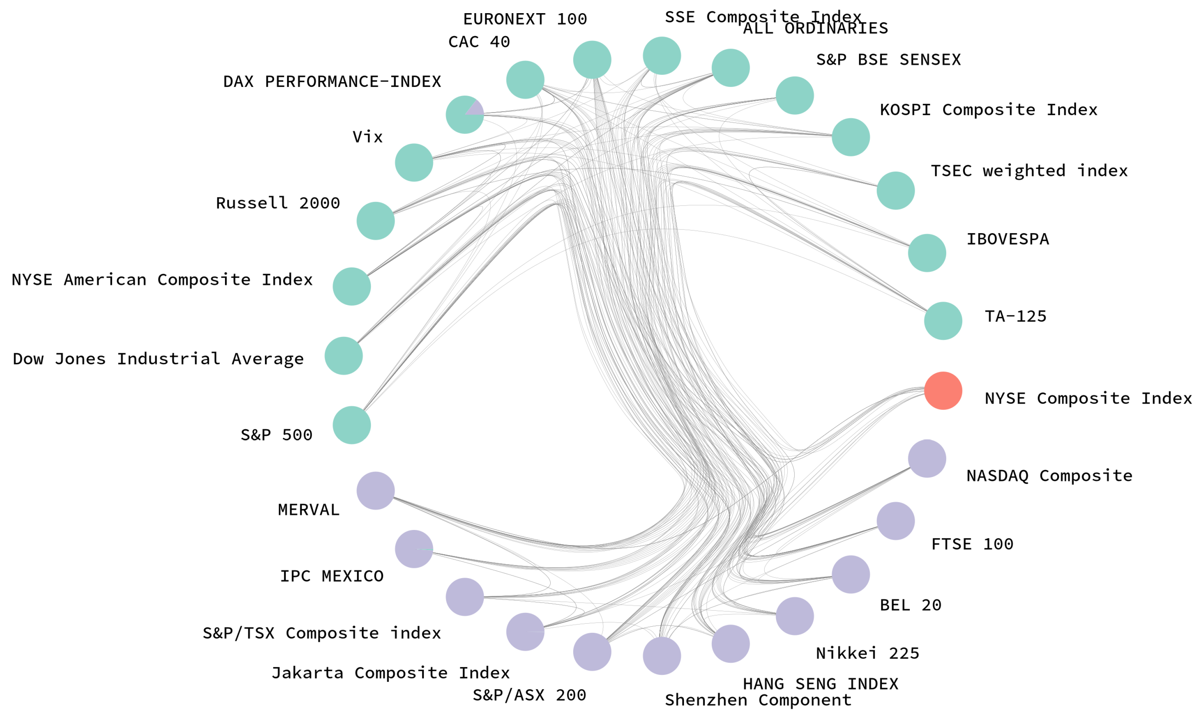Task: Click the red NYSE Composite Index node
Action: [943, 391]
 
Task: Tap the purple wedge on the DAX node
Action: [476, 108]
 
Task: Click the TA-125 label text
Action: [1015, 316]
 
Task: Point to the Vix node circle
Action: [414, 162]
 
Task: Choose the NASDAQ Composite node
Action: [927, 458]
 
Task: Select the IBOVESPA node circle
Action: [927, 253]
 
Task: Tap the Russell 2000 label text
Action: [278, 203]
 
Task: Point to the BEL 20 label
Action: [910, 605]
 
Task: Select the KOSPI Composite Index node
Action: [851, 137]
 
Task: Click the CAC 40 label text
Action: [479, 42]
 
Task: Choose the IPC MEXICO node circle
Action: [414, 549]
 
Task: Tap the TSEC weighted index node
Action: [895, 191]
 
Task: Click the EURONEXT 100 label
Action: [525, 19]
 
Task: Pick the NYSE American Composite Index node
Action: [351, 287]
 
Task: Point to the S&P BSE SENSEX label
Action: [888, 59]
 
